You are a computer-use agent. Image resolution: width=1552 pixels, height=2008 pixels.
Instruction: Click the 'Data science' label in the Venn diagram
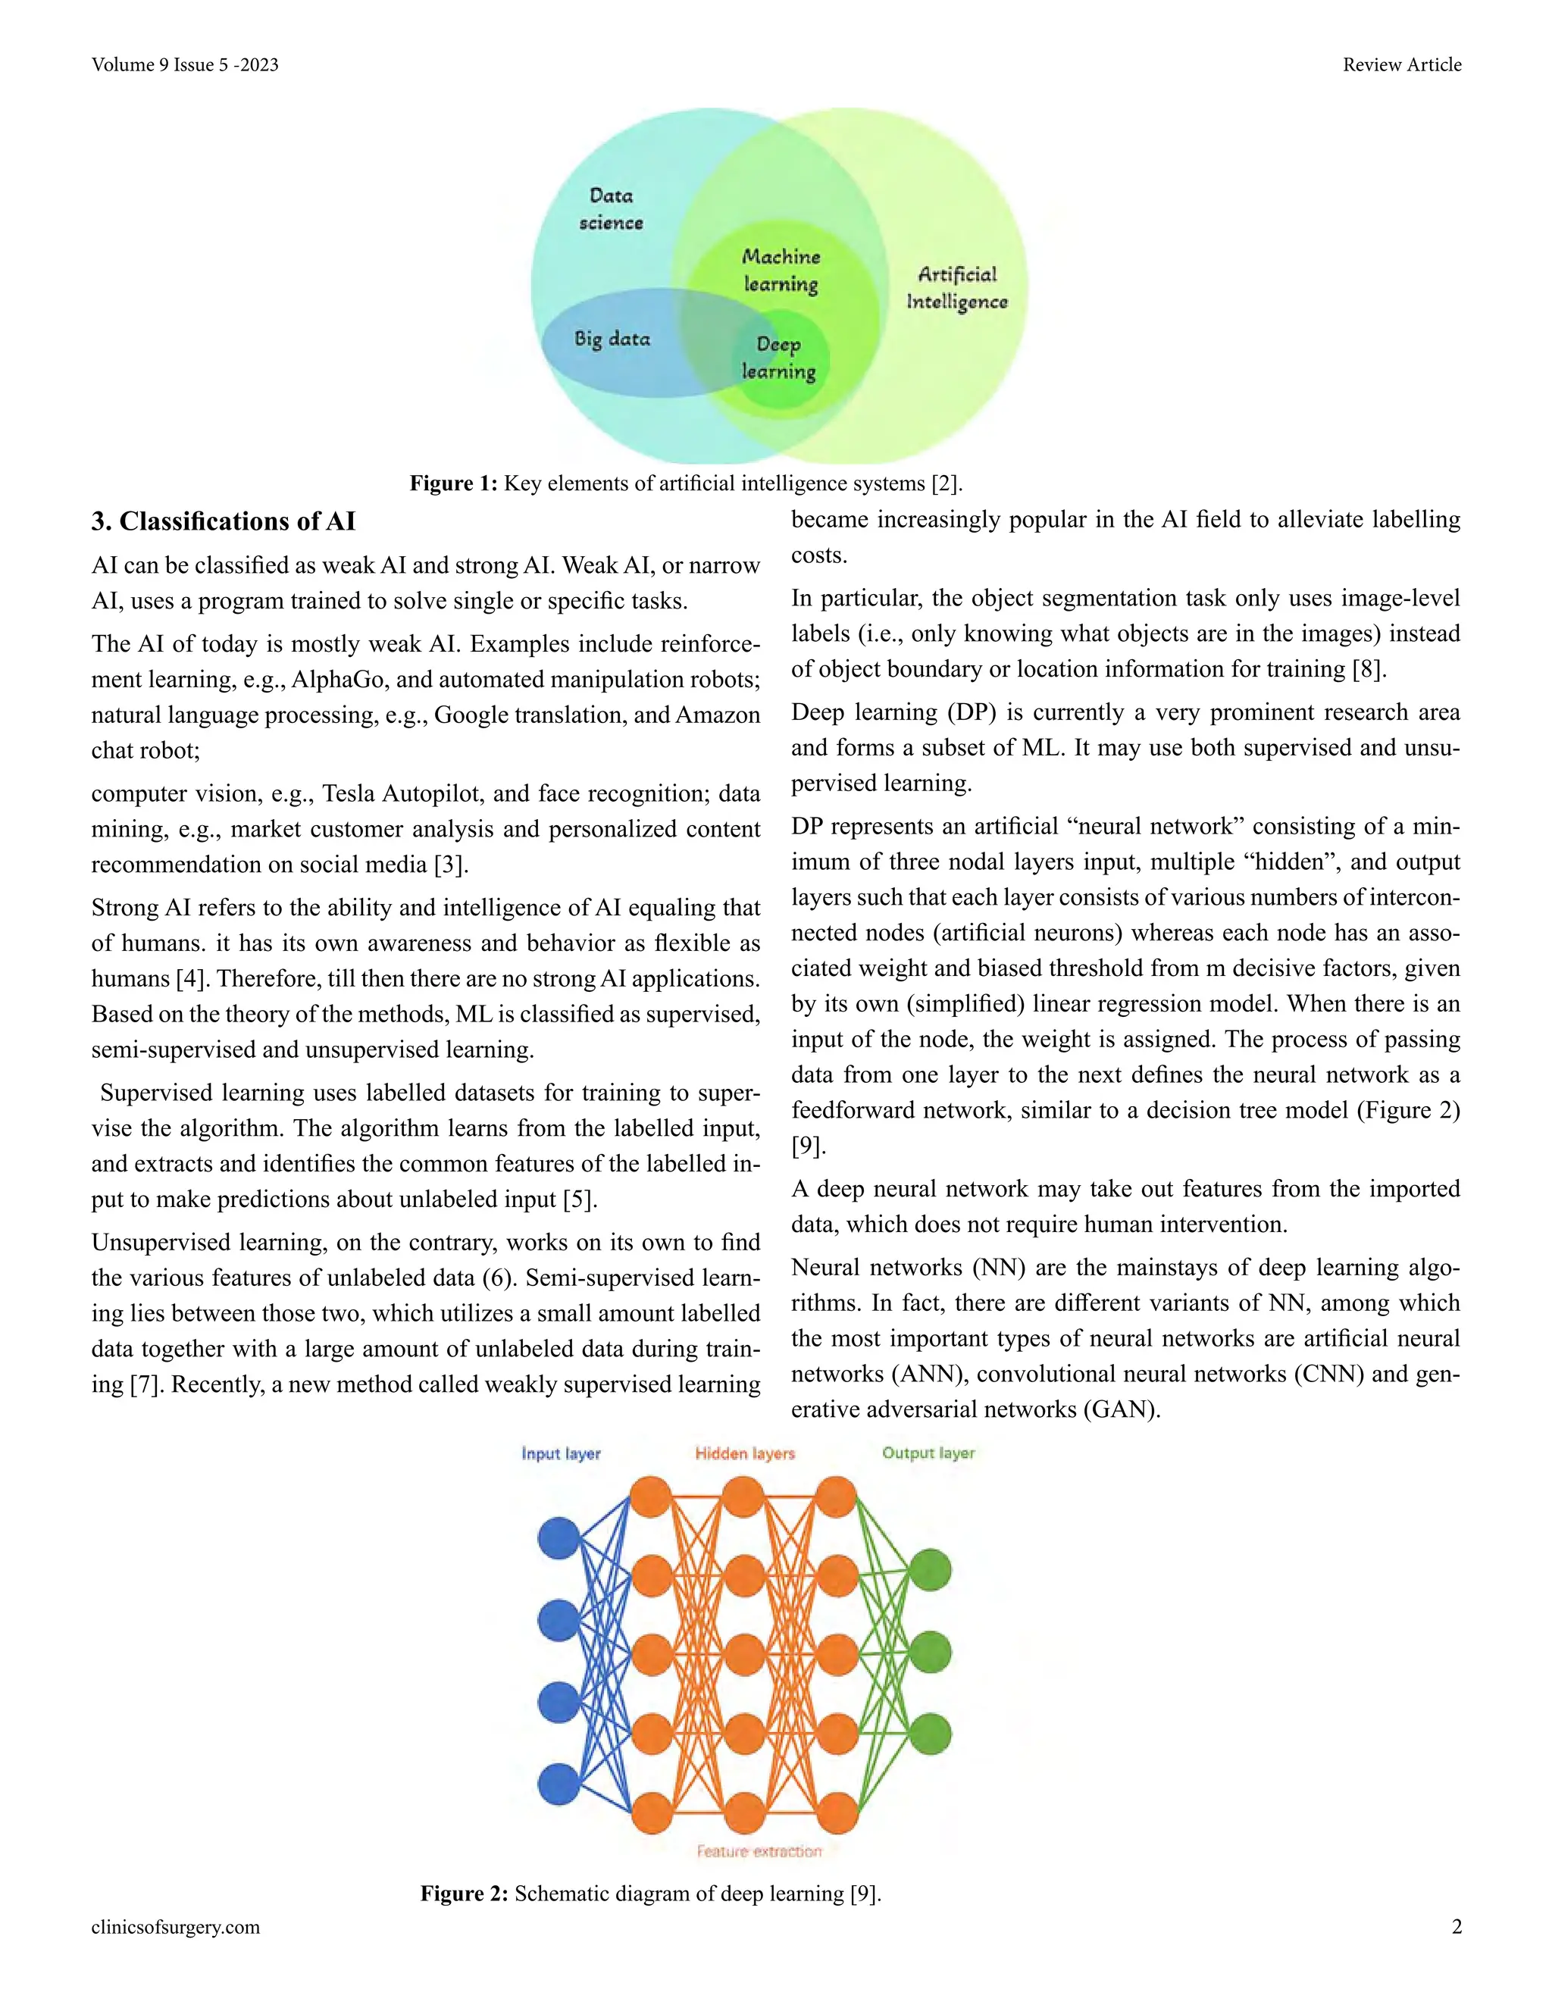[611, 208]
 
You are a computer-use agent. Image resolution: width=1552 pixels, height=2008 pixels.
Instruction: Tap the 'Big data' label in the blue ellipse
[612, 339]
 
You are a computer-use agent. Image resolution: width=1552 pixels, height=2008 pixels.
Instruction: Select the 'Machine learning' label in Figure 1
[781, 271]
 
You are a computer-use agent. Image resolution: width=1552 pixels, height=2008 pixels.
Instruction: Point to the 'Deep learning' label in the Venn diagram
[779, 358]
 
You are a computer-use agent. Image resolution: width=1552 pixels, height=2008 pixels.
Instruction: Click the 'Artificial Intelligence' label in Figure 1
[957, 288]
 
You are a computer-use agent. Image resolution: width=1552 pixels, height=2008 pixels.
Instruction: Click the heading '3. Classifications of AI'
[224, 521]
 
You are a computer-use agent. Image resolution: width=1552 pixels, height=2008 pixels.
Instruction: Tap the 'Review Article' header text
[1401, 64]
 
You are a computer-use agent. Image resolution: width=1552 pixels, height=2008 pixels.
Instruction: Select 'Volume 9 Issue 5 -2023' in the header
[185, 64]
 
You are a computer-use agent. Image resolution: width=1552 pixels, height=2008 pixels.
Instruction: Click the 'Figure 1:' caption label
[453, 483]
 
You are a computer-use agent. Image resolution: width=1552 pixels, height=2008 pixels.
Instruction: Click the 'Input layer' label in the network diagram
[561, 1453]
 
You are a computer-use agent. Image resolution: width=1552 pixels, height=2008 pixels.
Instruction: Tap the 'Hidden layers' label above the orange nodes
[745, 1453]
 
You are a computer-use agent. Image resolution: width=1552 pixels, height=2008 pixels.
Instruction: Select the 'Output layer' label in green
[928, 1453]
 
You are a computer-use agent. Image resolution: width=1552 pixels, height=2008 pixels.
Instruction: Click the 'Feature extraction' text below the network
[759, 1851]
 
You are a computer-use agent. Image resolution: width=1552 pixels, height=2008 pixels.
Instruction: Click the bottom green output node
[931, 1734]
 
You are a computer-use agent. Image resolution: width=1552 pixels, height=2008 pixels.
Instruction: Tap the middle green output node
[931, 1651]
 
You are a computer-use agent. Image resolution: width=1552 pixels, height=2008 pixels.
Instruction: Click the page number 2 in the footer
[1457, 1926]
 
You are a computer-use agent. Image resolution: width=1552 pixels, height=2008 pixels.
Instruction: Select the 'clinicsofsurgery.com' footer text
[176, 1926]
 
